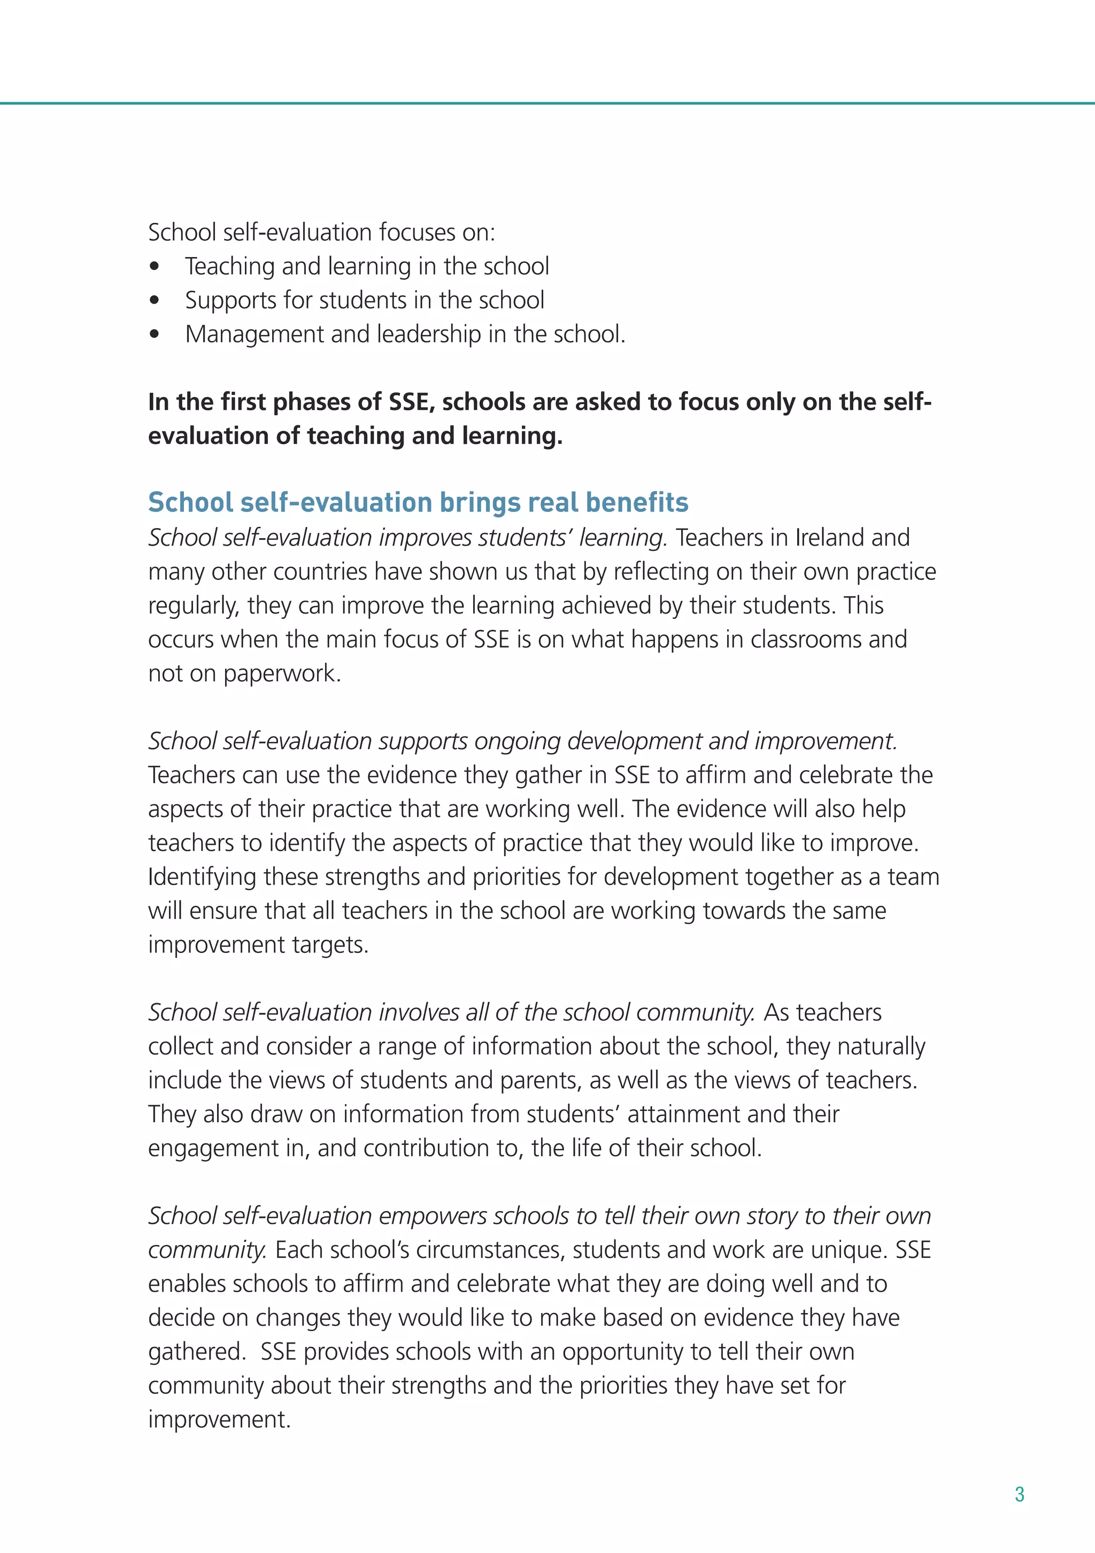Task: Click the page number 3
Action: coord(1019,1494)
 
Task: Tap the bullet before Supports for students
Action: coord(155,300)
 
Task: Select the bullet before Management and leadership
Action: coord(155,334)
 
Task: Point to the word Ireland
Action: coord(830,538)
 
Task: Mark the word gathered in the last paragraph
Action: coord(196,1352)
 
